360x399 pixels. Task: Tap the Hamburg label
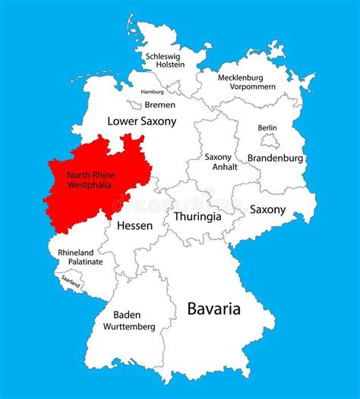coord(152,92)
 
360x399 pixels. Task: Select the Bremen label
coord(159,105)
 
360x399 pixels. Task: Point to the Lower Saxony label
coord(142,121)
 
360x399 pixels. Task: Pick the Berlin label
coord(267,127)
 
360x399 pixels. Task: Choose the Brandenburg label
coord(275,159)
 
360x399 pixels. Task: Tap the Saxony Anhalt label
coord(218,162)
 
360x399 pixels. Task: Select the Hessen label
coord(134,225)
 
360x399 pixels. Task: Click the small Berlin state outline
coord(270,140)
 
